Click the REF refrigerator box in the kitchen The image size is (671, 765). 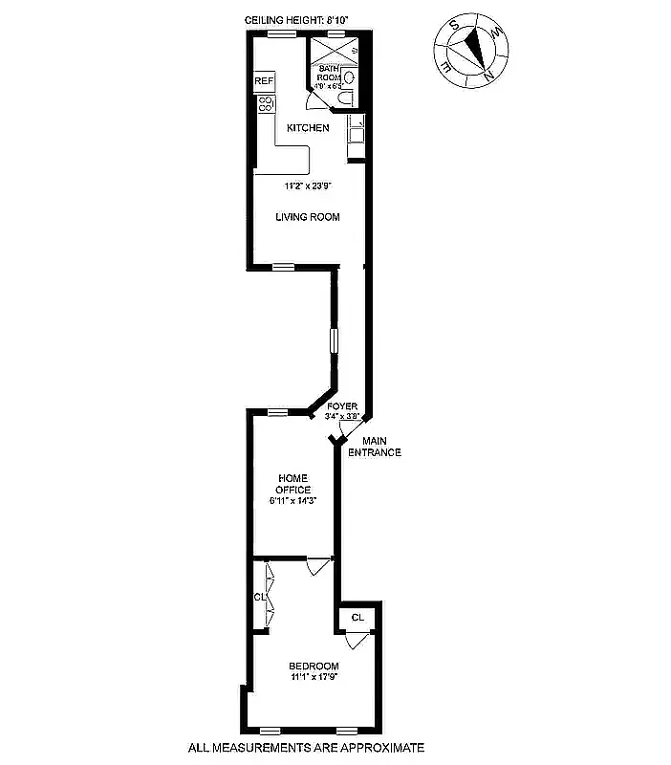(264, 82)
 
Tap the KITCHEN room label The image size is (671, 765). (308, 128)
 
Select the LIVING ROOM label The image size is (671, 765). (308, 217)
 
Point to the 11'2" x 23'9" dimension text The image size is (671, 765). (308, 186)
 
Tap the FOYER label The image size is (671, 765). (341, 406)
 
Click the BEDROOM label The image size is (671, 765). (314, 666)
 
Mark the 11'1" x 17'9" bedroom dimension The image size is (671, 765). (314, 677)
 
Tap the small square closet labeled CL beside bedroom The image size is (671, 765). (357, 618)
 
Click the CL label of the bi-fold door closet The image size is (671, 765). (258, 597)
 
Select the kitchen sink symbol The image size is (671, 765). (355, 122)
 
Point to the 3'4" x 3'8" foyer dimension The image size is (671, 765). (341, 417)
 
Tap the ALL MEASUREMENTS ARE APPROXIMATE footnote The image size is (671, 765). (306, 748)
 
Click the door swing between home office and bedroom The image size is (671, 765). (314, 567)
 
